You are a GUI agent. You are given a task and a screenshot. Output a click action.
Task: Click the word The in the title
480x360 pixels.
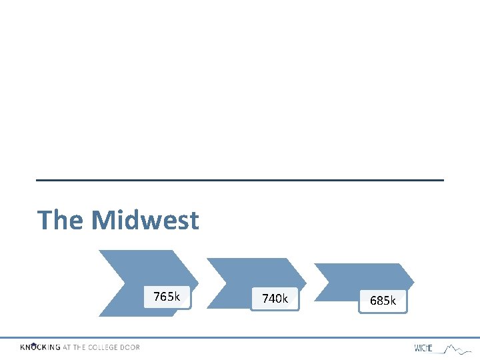pos(61,220)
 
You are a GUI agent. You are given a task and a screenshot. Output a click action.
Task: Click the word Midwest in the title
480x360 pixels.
pos(145,220)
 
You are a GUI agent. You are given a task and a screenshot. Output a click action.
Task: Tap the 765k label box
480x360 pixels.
pos(167,297)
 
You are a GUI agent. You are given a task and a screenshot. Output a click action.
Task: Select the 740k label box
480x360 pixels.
pos(275,299)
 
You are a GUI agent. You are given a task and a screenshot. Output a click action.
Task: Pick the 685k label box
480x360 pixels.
pos(383,301)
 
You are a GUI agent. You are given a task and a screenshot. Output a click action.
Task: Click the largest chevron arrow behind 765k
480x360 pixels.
pos(127,283)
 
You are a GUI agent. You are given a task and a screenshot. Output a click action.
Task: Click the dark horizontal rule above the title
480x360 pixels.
pos(240,180)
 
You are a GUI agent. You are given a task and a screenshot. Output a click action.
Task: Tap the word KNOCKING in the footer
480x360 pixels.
pos(40,347)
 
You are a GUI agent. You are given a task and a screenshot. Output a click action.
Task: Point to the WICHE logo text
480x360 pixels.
pos(423,348)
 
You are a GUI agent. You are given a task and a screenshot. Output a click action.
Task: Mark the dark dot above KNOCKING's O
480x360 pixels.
pos(33,344)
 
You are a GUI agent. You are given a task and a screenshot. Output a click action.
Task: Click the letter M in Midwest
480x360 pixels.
pos(102,220)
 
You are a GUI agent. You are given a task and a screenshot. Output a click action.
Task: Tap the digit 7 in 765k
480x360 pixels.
pos(157,297)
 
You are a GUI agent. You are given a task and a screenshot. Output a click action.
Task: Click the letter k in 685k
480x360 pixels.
pos(393,301)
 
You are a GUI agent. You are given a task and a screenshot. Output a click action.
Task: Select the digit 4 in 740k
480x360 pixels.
pos(273,299)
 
